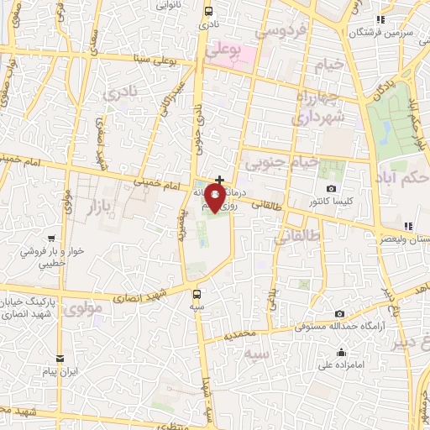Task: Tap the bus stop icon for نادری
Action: point(209,12)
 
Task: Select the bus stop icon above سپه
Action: point(197,294)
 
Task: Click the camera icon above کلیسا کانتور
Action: point(331,188)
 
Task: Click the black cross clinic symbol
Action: point(220,180)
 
